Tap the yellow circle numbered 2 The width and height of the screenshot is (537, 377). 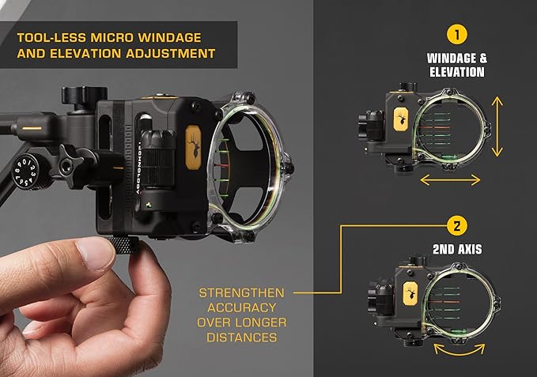pos(456,225)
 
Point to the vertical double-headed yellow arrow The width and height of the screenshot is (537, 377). pos(497,126)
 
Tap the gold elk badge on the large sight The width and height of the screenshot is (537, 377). pos(192,144)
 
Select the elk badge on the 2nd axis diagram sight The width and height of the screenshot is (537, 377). pos(411,292)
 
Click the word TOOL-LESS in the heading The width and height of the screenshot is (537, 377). pos(48,36)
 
